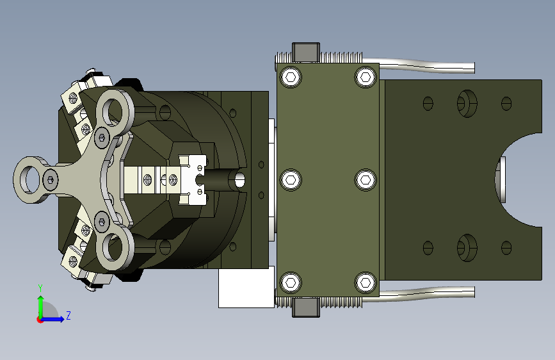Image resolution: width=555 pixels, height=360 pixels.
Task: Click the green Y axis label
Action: point(40,288)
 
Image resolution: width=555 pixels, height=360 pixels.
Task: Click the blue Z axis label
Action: point(68,315)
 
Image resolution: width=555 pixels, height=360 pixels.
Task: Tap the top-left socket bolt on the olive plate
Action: point(291,77)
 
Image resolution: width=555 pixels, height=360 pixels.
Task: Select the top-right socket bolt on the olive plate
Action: point(366,77)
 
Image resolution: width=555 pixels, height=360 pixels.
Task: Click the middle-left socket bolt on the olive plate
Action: point(291,179)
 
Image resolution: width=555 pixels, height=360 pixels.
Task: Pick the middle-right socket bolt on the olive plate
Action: point(366,179)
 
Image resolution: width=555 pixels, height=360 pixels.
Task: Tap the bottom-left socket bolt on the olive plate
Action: point(291,282)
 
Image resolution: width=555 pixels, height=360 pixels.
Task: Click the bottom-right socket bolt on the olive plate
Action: point(366,282)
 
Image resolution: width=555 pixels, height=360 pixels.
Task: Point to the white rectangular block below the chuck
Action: point(246,287)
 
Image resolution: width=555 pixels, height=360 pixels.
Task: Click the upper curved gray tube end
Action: point(474,68)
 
